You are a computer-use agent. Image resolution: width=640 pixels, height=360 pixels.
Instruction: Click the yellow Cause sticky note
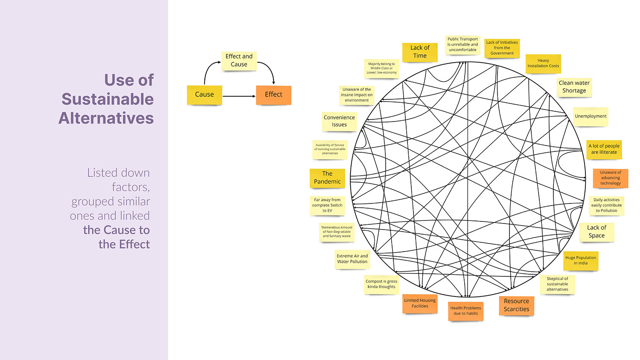pyautogui.click(x=204, y=95)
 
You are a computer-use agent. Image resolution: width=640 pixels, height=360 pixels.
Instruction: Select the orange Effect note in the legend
pyautogui.click(x=273, y=95)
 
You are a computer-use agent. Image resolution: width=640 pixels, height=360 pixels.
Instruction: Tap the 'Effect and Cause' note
pyautogui.click(x=239, y=61)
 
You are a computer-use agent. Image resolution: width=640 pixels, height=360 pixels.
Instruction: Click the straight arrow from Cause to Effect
pyautogui.click(x=239, y=96)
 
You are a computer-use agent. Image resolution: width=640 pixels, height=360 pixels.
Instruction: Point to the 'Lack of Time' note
pyautogui.click(x=420, y=52)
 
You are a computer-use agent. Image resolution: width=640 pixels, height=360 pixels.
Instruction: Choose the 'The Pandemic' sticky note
pyautogui.click(x=327, y=178)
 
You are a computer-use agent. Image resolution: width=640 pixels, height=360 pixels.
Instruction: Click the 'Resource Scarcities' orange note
pyautogui.click(x=516, y=305)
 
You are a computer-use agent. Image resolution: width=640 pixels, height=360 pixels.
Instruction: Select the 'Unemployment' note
pyautogui.click(x=591, y=116)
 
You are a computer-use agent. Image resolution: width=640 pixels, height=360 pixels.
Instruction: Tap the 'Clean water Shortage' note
pyautogui.click(x=574, y=87)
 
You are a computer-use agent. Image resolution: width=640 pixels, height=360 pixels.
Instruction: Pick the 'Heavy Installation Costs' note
pyautogui.click(x=543, y=64)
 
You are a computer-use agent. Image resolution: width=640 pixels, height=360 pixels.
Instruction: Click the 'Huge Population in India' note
pyautogui.click(x=581, y=261)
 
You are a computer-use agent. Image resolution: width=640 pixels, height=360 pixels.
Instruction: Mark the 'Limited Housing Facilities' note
pyautogui.click(x=420, y=303)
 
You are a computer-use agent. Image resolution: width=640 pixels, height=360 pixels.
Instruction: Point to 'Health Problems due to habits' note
pyautogui.click(x=465, y=311)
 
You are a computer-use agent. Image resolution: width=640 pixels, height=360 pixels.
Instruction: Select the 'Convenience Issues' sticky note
pyautogui.click(x=339, y=121)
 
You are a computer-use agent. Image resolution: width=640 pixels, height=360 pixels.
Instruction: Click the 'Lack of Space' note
pyautogui.click(x=596, y=232)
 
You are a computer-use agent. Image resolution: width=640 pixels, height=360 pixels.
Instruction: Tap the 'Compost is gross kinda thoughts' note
pyautogui.click(x=381, y=284)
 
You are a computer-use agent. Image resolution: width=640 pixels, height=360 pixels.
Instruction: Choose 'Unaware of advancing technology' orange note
pyautogui.click(x=611, y=178)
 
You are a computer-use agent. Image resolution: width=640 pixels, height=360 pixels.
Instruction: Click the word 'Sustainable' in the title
pyautogui.click(x=108, y=99)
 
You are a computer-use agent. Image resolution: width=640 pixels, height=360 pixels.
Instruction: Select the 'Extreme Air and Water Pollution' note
pyautogui.click(x=352, y=259)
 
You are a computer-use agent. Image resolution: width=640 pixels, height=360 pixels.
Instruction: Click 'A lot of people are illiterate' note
pyautogui.click(x=604, y=149)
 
